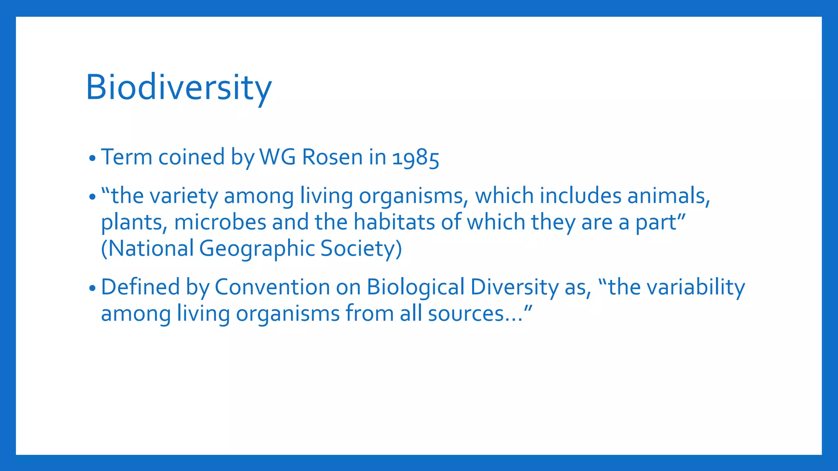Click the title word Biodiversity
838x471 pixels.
pyautogui.click(x=178, y=87)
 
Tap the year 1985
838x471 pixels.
pyautogui.click(x=415, y=158)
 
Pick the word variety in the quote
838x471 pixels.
pyautogui.click(x=184, y=196)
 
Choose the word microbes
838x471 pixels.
pyautogui.click(x=220, y=222)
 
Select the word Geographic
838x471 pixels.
pyautogui.click(x=257, y=249)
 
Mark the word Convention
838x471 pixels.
pyautogui.click(x=272, y=287)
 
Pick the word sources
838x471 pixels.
pyautogui.click(x=466, y=314)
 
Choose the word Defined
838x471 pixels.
pyautogui.click(x=140, y=287)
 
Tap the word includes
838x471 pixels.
pyautogui.click(x=580, y=196)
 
